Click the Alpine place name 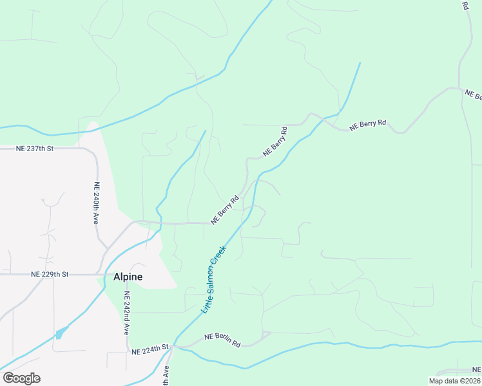pos(128,277)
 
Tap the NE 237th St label pos(34,149)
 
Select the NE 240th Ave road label pos(97,203)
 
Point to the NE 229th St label pos(50,274)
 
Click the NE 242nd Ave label pos(127,313)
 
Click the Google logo pos(21,378)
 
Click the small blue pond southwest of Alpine pos(61,333)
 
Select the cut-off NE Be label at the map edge pos(474,95)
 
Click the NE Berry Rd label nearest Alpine pos(224,209)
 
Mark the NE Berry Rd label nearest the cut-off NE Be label pos(368,125)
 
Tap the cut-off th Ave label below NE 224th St pos(166,376)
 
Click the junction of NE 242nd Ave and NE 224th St pos(127,352)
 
